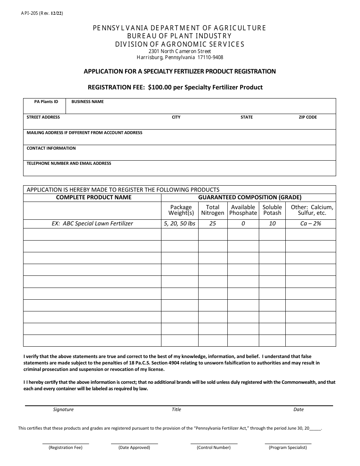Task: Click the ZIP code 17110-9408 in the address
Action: pos(210,58)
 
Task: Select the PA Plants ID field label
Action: pos(46,102)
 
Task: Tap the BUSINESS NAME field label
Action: pos(88,102)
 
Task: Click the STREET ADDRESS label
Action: pos(43,117)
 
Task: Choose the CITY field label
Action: pos(176,117)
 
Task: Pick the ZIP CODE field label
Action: pos(308,117)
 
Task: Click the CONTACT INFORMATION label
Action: pos(51,149)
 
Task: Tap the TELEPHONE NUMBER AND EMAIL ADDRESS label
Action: pos(69,164)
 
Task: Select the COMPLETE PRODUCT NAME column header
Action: pos(94,197)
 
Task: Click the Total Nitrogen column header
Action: pos(213,210)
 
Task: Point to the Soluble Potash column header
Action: pos(272,210)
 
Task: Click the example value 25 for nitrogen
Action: pos(213,224)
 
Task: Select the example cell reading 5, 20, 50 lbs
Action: pos(180,224)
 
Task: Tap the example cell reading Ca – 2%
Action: pos(310,224)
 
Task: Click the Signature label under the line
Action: pos(63,410)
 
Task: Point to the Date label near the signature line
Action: pos(299,410)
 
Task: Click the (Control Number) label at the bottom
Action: pos(214,447)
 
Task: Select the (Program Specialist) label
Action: pos(288,447)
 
